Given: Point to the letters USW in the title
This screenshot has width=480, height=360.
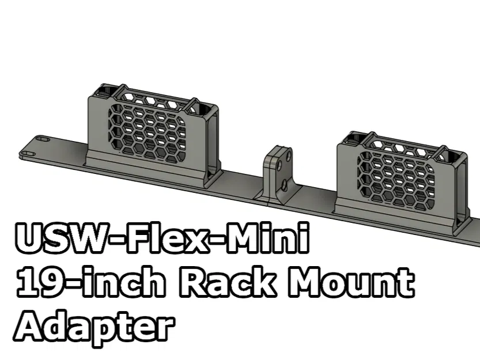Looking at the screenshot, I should click(x=64, y=238).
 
